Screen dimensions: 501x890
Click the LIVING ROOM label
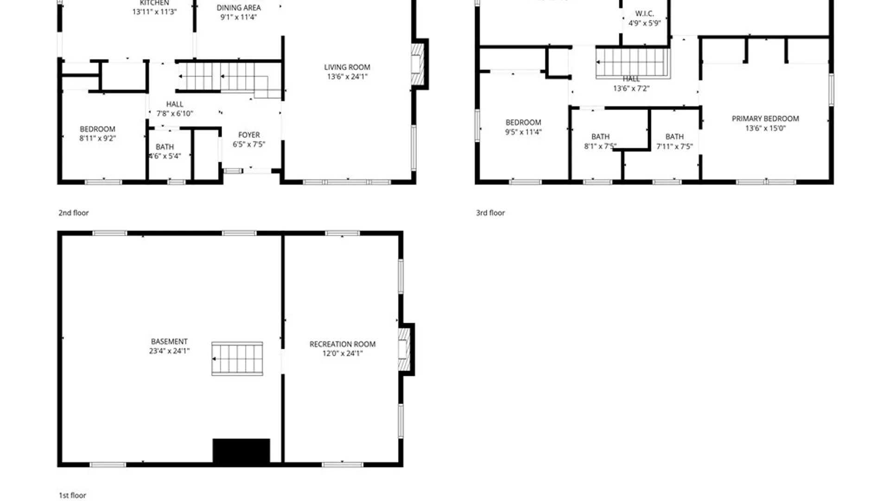(x=347, y=67)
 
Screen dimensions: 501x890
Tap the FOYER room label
(x=249, y=135)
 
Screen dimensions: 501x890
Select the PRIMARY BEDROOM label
(x=765, y=119)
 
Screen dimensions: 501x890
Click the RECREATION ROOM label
(x=342, y=344)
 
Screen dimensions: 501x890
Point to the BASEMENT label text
(x=169, y=341)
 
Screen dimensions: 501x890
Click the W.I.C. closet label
(x=644, y=14)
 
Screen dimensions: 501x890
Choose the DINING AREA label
(x=238, y=8)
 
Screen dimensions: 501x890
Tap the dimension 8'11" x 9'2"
(x=97, y=138)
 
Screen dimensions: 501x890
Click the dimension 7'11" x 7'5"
(x=674, y=147)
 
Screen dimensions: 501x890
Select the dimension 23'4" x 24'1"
(x=169, y=351)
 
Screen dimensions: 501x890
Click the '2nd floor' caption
(x=73, y=213)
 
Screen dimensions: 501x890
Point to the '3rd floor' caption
(x=490, y=213)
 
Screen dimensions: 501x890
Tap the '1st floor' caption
(x=72, y=495)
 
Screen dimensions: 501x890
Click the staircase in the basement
(x=237, y=359)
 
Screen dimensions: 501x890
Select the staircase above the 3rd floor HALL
(x=633, y=62)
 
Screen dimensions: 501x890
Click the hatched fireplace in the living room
(x=417, y=64)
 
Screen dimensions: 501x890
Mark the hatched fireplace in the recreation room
(x=404, y=349)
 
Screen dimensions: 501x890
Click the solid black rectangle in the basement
(x=241, y=450)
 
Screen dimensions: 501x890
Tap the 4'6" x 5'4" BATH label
(x=165, y=147)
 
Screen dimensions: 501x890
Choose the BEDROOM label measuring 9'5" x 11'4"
(x=523, y=122)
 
